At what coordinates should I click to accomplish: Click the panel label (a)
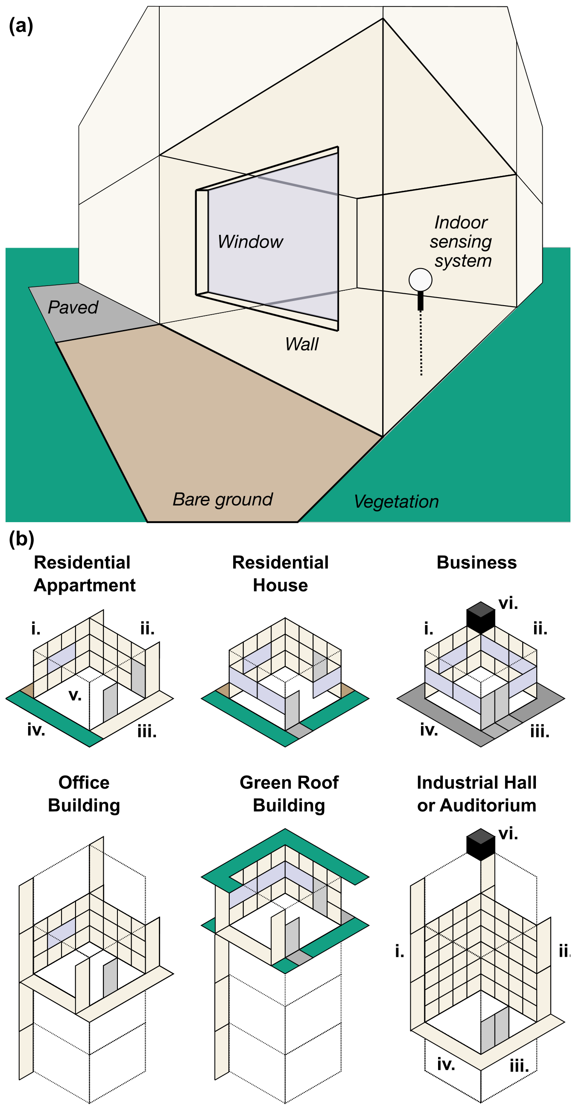(20, 26)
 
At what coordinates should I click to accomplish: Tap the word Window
(250, 242)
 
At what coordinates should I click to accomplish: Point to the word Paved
(73, 308)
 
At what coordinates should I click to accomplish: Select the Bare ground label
(222, 499)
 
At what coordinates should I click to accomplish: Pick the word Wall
(301, 344)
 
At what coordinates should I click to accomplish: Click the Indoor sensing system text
(461, 242)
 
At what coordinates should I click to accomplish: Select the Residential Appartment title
(84, 574)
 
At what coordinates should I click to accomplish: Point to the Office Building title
(84, 794)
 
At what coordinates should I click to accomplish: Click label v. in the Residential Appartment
(75, 695)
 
